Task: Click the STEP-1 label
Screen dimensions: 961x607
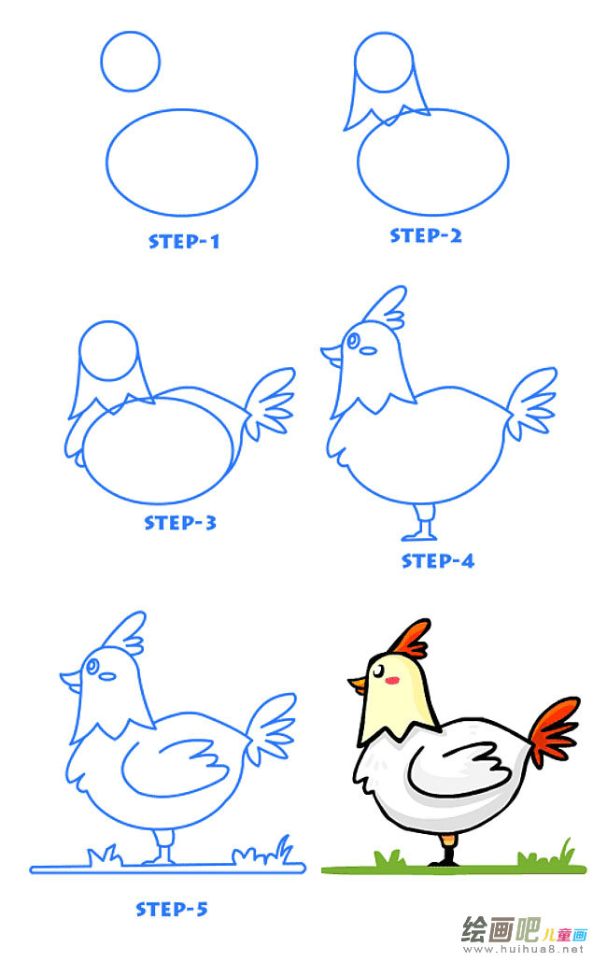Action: click(x=184, y=241)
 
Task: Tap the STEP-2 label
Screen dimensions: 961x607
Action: click(x=426, y=235)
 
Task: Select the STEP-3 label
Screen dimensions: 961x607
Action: click(x=180, y=522)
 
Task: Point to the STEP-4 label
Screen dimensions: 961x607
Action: click(x=438, y=560)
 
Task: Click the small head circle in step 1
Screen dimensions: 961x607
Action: click(x=130, y=61)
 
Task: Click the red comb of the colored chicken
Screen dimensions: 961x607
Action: click(x=409, y=639)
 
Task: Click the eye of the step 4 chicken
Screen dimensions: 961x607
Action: click(x=353, y=341)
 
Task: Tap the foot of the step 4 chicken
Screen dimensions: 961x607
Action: click(x=420, y=534)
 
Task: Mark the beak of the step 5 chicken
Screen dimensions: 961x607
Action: click(x=70, y=677)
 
